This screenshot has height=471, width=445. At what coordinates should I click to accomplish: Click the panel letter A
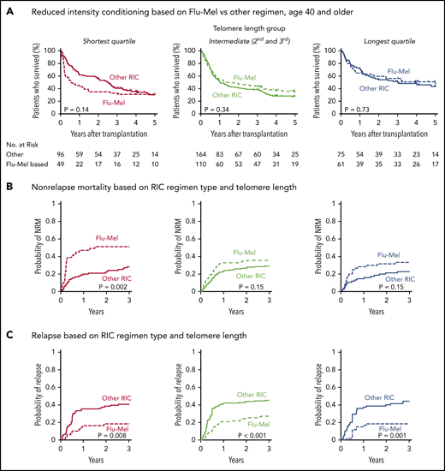coord(8,9)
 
